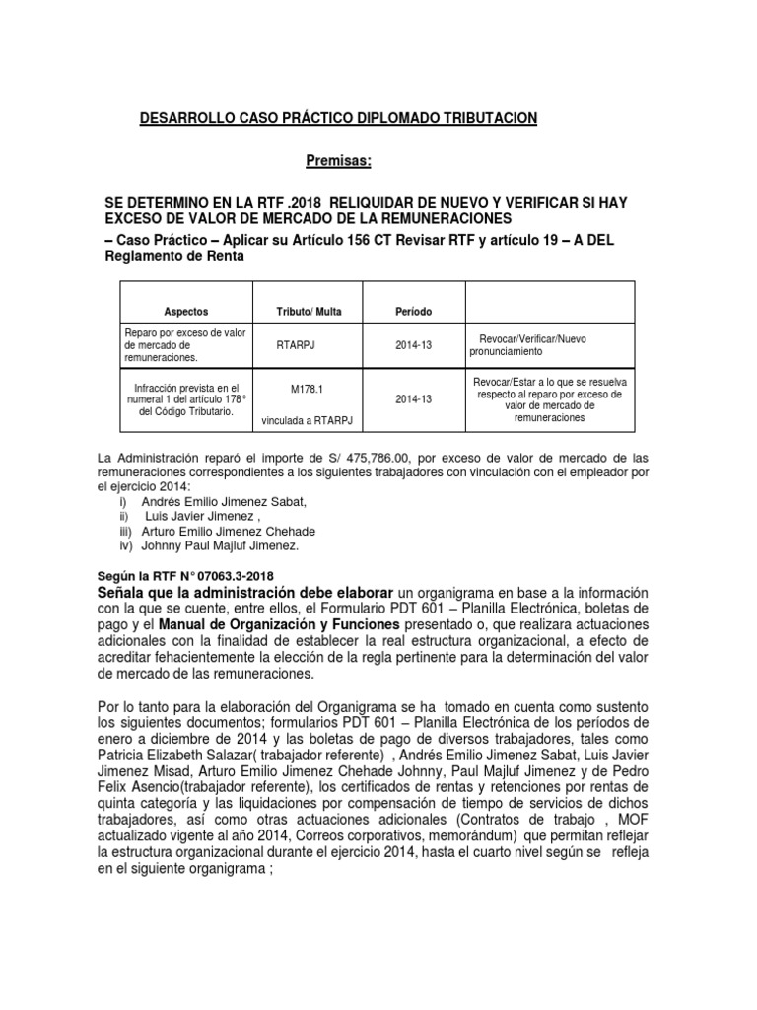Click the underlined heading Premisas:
click(x=339, y=161)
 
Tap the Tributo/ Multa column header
click(x=309, y=311)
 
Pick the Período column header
click(x=414, y=311)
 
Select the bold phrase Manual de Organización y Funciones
click(x=278, y=625)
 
